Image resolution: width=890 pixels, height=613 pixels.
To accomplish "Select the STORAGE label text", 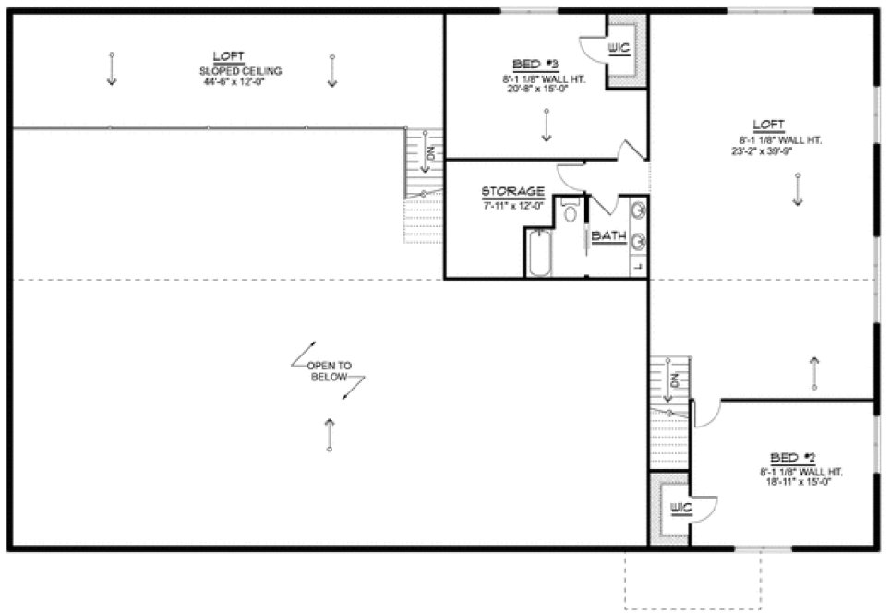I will point(513,191).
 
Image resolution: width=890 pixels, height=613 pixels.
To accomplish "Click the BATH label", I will point(608,236).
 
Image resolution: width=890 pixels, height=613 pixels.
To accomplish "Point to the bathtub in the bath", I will point(539,254).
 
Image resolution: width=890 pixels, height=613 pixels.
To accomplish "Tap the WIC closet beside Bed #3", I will point(619,47).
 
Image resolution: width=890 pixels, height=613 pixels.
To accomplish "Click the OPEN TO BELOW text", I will point(329,371).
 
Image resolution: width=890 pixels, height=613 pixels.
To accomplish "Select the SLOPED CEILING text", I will point(240,71).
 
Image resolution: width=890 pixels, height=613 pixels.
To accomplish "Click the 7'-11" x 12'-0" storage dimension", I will point(513,204).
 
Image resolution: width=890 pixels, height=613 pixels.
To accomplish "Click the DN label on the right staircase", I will point(675,380).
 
